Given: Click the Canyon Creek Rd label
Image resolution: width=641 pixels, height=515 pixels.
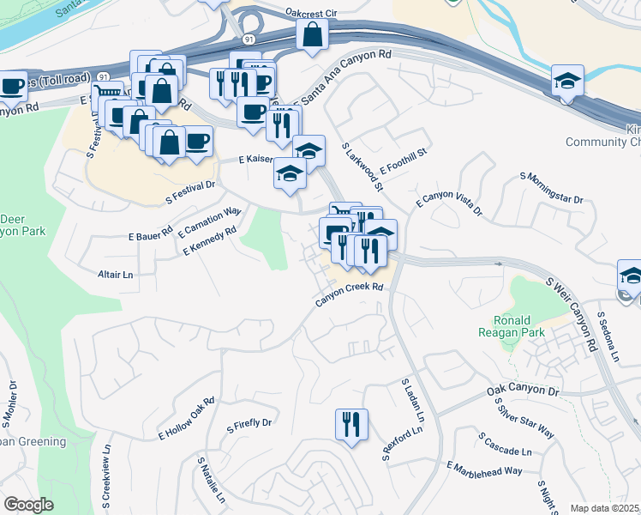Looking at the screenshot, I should pyautogui.click(x=348, y=294).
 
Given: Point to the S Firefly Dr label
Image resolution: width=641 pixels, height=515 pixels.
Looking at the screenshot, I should pyautogui.click(x=249, y=424).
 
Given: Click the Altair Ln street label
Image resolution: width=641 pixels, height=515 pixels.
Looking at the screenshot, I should pyautogui.click(x=117, y=275).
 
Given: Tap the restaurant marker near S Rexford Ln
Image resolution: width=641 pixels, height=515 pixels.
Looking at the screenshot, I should pyautogui.click(x=351, y=424).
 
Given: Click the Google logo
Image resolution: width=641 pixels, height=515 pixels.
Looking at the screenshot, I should pyautogui.click(x=29, y=505).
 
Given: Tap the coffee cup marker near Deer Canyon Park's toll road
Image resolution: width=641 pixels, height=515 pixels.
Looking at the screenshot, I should pyautogui.click(x=12, y=85).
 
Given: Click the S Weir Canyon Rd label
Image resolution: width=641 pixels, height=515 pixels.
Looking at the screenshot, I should pyautogui.click(x=577, y=314).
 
